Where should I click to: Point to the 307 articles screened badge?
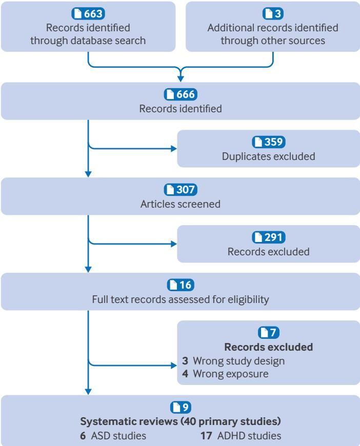click(180, 190)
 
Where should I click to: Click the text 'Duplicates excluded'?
click(269, 156)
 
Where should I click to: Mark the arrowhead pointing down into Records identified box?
click(181, 77)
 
